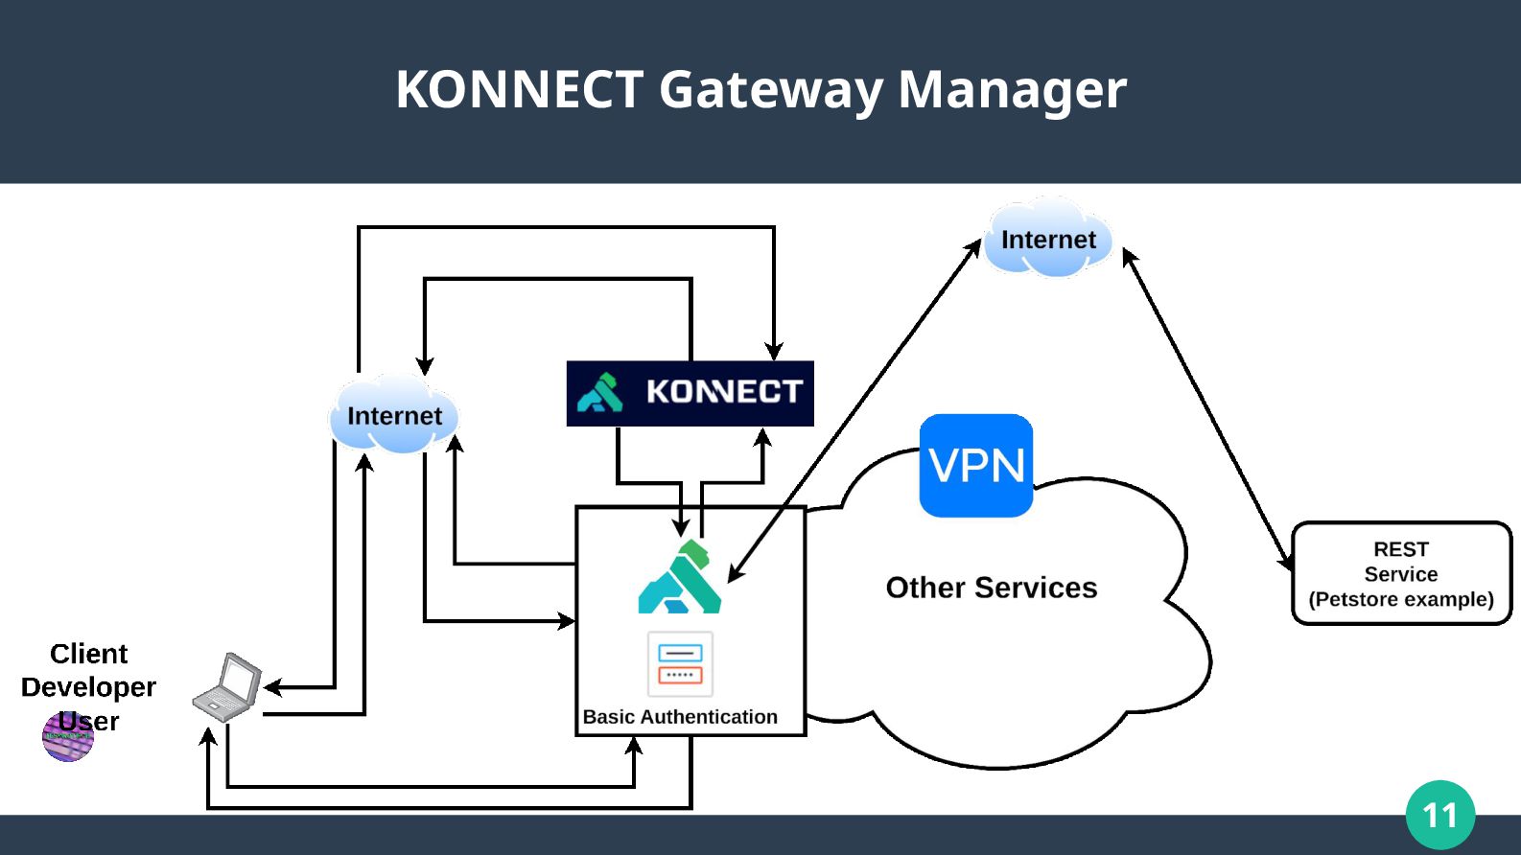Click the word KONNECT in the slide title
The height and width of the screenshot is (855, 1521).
520,89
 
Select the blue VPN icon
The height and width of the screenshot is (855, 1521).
975,466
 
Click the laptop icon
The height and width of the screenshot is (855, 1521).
227,686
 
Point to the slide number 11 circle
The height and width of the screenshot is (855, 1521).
1440,815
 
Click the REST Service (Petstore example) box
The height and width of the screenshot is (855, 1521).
1401,573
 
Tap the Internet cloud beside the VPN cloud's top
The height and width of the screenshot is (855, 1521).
1048,239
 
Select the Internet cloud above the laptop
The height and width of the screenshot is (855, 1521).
394,414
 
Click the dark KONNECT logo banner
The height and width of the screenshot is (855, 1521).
690,394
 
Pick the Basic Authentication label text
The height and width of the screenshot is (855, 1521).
680,717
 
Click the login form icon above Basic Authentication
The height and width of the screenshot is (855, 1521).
680,663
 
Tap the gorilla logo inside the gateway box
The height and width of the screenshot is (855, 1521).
680,577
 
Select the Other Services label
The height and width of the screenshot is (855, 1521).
992,588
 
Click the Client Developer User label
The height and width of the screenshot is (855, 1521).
88,686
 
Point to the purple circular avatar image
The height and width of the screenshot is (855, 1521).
68,736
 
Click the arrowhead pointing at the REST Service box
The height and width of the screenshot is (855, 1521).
1286,563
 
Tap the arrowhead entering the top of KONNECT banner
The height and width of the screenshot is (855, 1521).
774,352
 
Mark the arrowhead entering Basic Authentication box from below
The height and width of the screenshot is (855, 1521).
634,746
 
